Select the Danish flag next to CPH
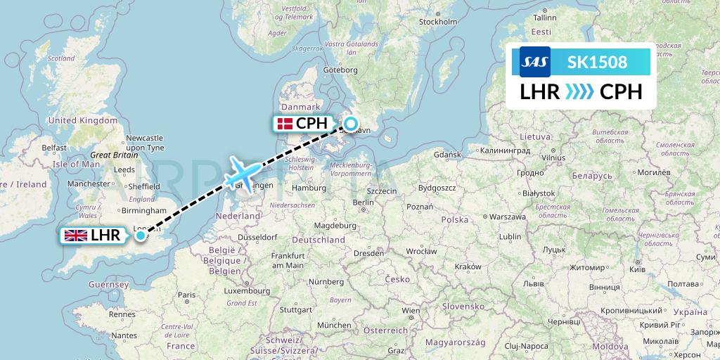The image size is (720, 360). coord(285,124)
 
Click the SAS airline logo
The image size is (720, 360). coord(534,62)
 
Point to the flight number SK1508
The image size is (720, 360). coord(597,62)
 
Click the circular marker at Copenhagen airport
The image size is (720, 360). coord(349,124)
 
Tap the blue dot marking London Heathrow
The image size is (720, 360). coord(141,236)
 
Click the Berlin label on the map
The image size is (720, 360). coord(363,202)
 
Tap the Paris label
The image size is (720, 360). coord(186,295)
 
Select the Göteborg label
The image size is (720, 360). coord(340,70)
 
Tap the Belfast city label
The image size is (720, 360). coord(53,148)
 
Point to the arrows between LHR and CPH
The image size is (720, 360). coord(580,92)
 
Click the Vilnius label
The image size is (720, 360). coord(553,158)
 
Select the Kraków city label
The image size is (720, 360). coord(467,266)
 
